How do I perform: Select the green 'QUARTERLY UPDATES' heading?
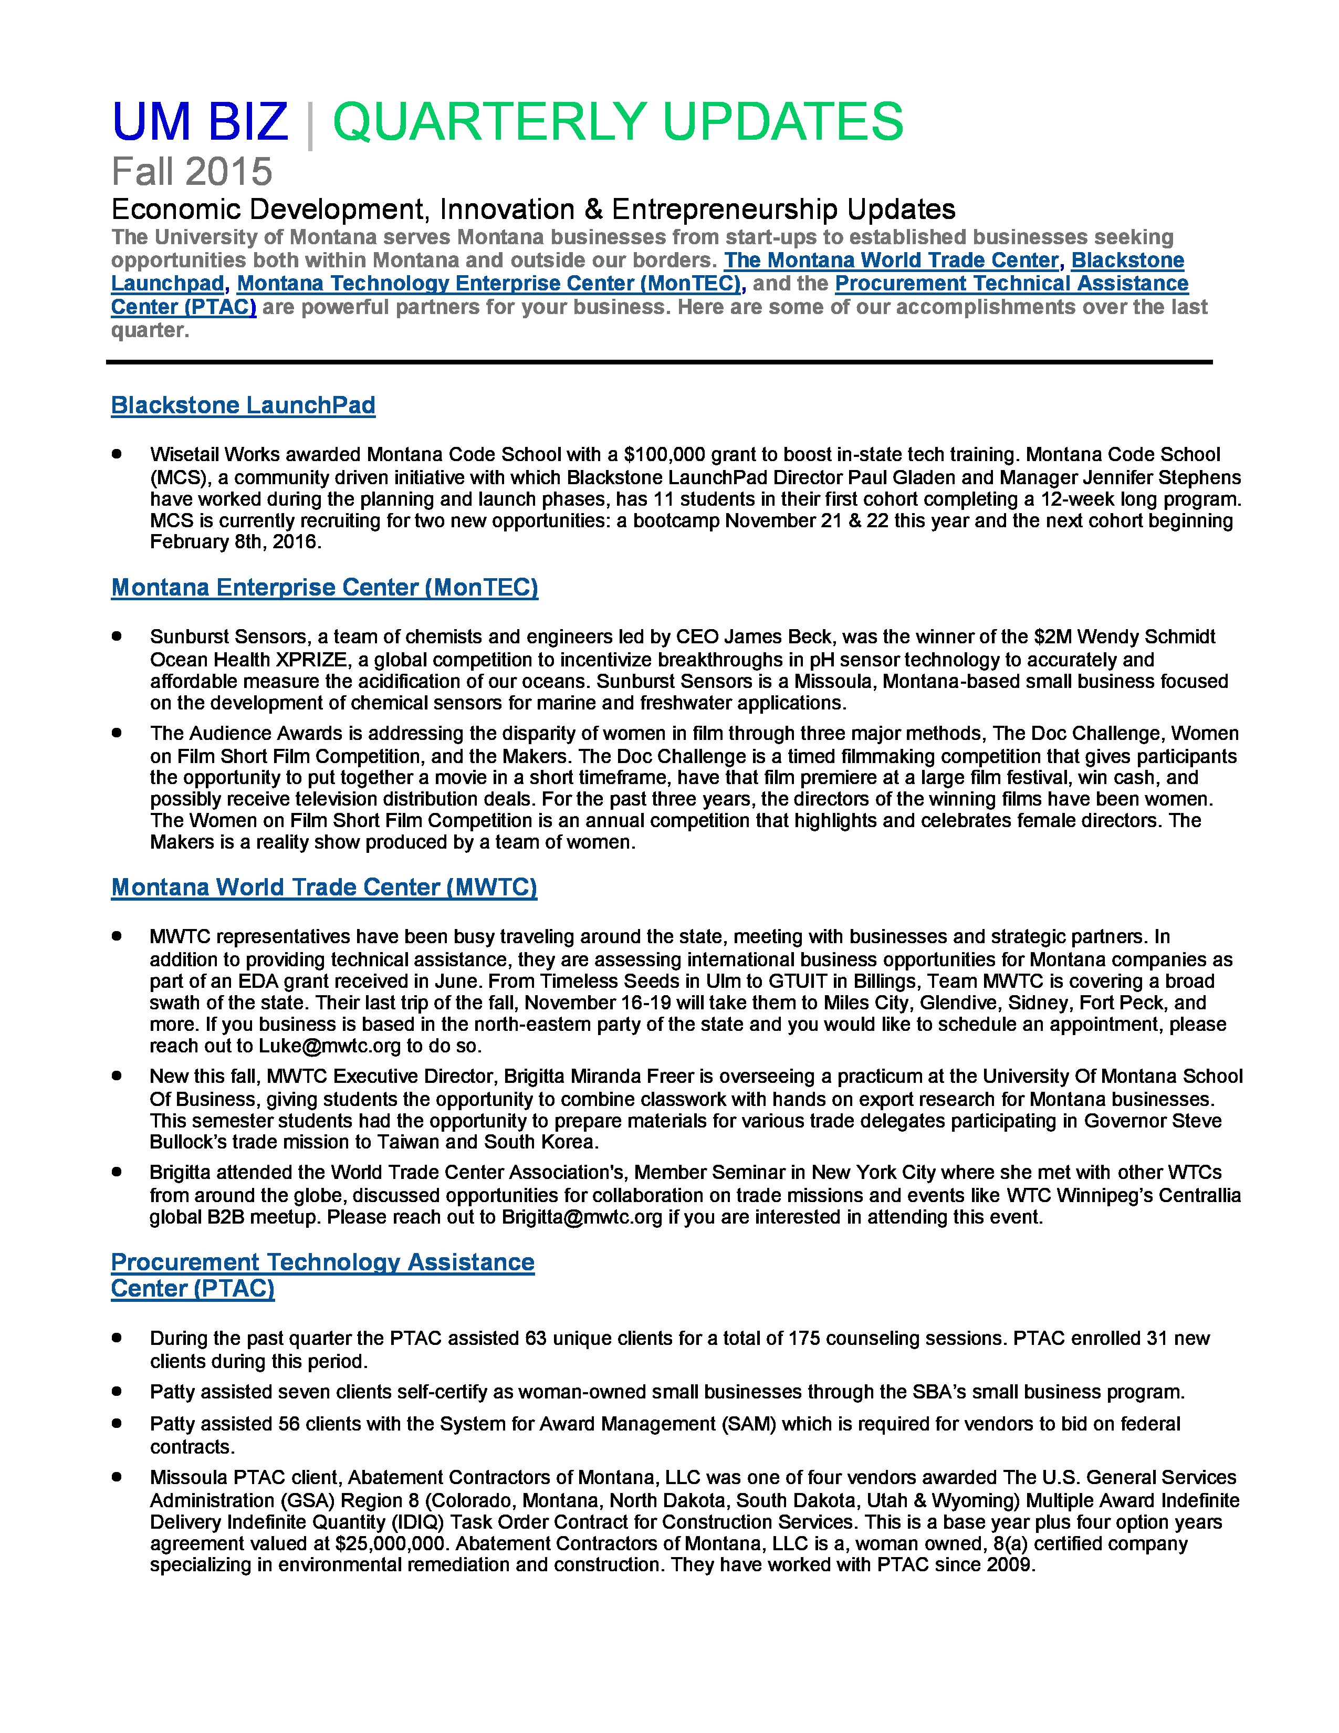[617, 122]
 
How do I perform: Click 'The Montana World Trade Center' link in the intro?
[891, 260]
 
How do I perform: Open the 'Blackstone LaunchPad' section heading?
[243, 405]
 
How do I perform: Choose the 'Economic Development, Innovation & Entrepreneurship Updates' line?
[533, 210]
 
